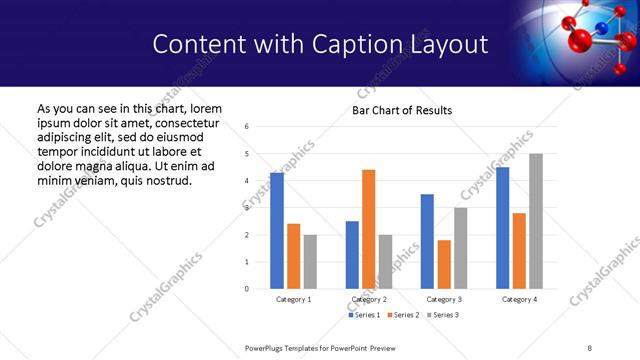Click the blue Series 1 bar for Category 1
click(277, 231)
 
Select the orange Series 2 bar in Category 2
click(369, 229)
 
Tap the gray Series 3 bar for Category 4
click(536, 221)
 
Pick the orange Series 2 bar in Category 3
click(444, 264)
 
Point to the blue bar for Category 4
click(503, 228)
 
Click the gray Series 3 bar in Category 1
click(310, 262)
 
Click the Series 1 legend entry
click(364, 315)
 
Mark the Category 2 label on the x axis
click(369, 299)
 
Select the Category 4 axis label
click(519, 299)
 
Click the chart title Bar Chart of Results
click(402, 110)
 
